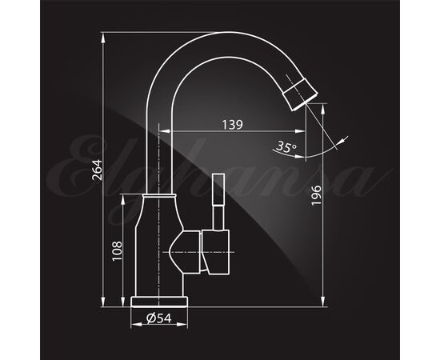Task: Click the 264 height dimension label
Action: [98, 170]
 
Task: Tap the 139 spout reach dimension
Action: [232, 125]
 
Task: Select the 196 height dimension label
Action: [316, 195]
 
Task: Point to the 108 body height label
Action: [117, 251]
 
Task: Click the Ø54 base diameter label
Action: [159, 318]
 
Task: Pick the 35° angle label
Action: [286, 146]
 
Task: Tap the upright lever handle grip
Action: [218, 190]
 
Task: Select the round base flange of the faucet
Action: [159, 302]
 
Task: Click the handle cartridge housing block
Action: [216, 252]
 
